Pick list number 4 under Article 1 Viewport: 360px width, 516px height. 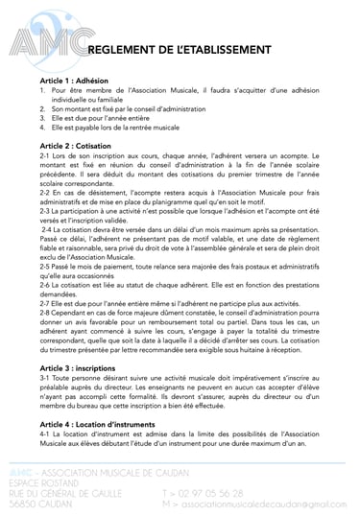43,127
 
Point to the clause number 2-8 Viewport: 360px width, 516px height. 45,313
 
